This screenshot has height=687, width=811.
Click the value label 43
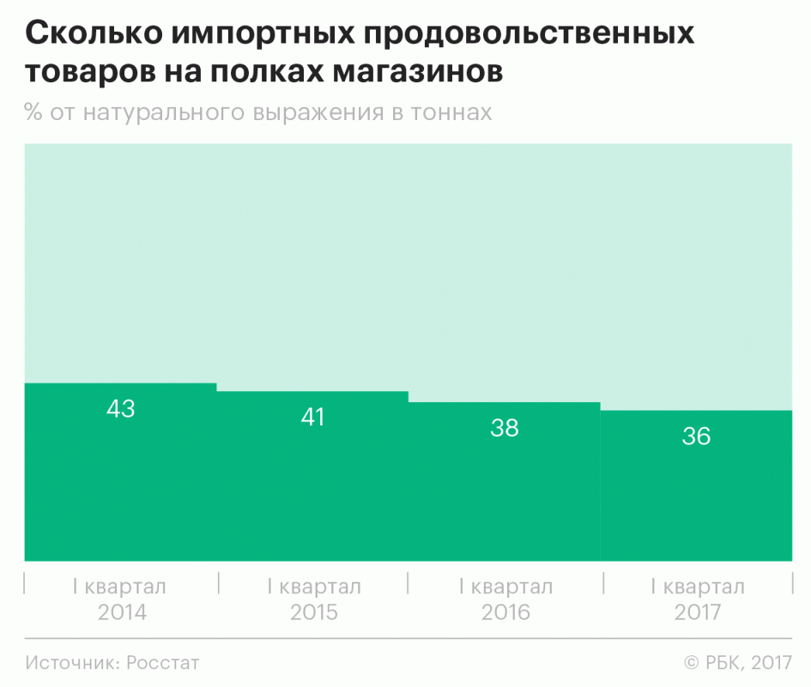[x=121, y=409]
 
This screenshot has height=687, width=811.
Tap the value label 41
[x=312, y=418]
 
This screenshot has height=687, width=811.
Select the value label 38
[x=505, y=428]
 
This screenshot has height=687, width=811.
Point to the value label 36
[x=697, y=436]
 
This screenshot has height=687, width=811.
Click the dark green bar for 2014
[x=121, y=489]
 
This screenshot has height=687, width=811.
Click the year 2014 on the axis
[x=122, y=612]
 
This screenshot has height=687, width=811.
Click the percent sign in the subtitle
[x=34, y=113]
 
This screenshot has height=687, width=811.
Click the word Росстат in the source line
[x=163, y=663]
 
